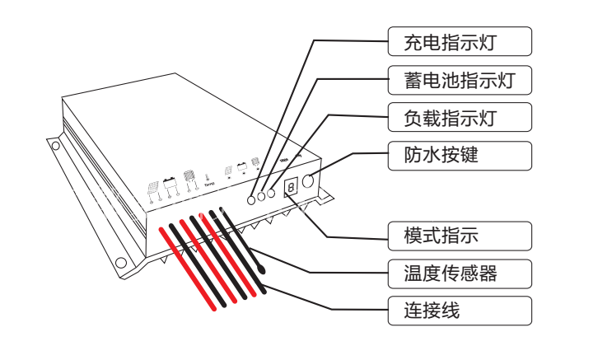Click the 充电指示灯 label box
(x=460, y=40)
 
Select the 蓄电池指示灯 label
(x=460, y=80)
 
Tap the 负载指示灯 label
(x=460, y=118)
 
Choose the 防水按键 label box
(x=460, y=155)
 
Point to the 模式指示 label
(x=460, y=236)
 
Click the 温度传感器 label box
(x=460, y=273)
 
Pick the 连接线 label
(x=460, y=311)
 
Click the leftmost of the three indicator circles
(x=252, y=199)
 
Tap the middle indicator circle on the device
(x=262, y=195)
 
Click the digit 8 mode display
(x=291, y=189)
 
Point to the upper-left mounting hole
(x=55, y=146)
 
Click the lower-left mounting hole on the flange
(x=120, y=263)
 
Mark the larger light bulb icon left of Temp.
(x=189, y=175)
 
